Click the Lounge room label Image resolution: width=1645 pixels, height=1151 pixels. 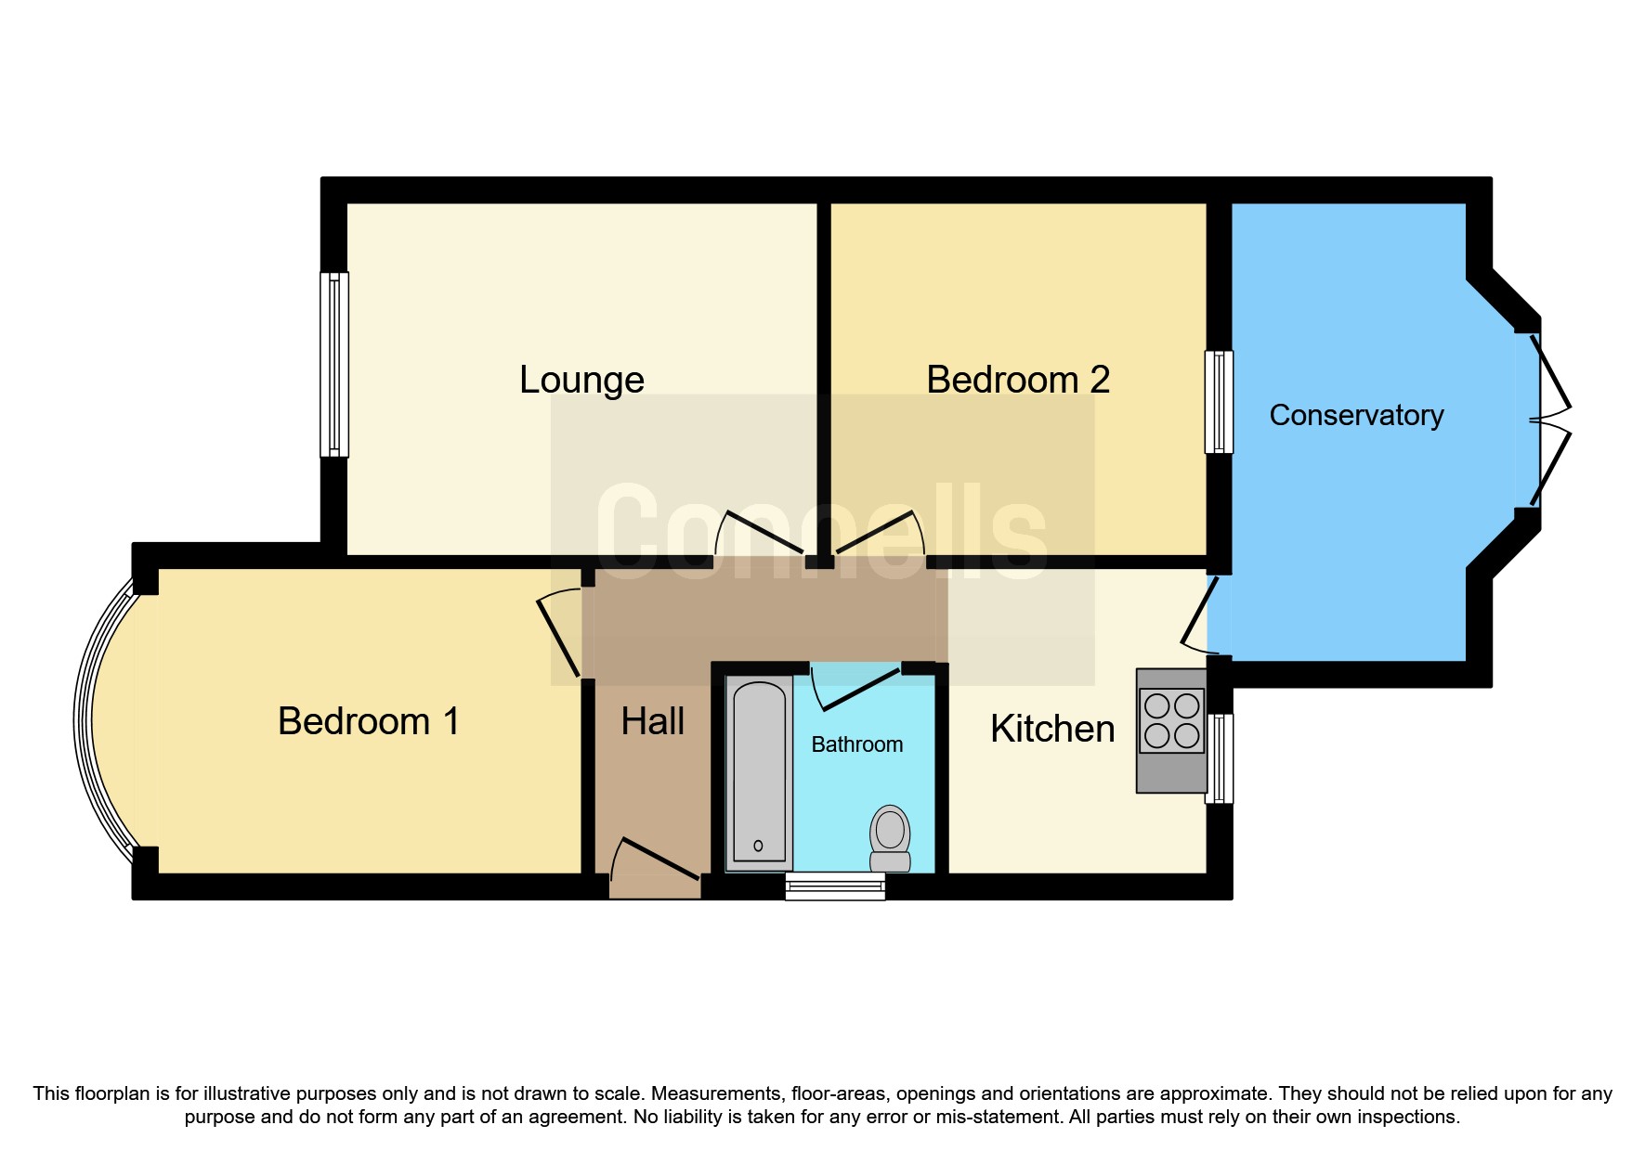click(581, 380)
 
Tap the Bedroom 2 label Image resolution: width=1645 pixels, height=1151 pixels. click(1018, 380)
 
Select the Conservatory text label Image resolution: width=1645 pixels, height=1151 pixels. click(1355, 415)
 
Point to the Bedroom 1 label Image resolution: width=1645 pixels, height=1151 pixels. click(369, 721)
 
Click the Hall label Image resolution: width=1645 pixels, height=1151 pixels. click(652, 721)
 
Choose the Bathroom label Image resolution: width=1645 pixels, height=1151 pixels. click(856, 744)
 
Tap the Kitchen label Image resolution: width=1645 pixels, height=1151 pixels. click(1051, 729)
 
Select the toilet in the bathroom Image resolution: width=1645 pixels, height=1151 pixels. click(890, 836)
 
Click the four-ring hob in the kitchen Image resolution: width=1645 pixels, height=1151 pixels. click(1171, 720)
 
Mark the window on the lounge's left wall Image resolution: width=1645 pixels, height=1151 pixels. click(334, 364)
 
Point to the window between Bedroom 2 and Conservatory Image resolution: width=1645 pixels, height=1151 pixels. click(1219, 401)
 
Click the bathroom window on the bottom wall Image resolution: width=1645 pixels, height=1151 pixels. click(834, 886)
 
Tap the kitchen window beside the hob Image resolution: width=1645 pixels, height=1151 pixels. click(1220, 757)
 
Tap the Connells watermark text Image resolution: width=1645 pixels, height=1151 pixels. click(821, 533)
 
